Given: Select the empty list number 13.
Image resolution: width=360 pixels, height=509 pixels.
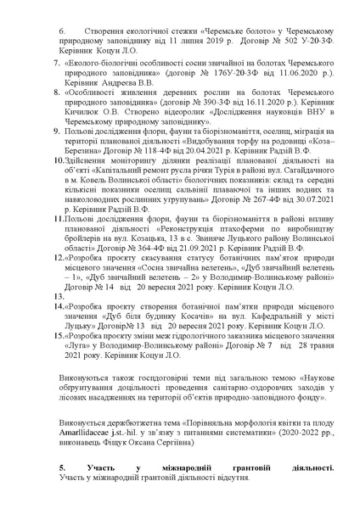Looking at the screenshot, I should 46,322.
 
